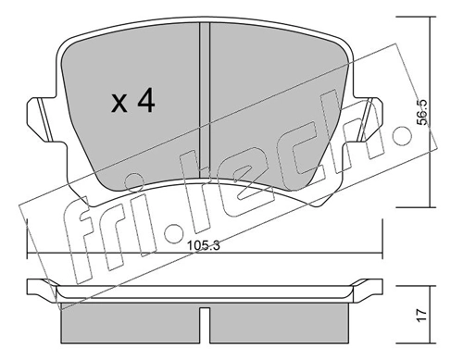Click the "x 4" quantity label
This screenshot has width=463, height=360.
point(132,102)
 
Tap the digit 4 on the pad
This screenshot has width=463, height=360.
point(146,102)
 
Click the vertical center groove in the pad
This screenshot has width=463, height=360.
point(206,102)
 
